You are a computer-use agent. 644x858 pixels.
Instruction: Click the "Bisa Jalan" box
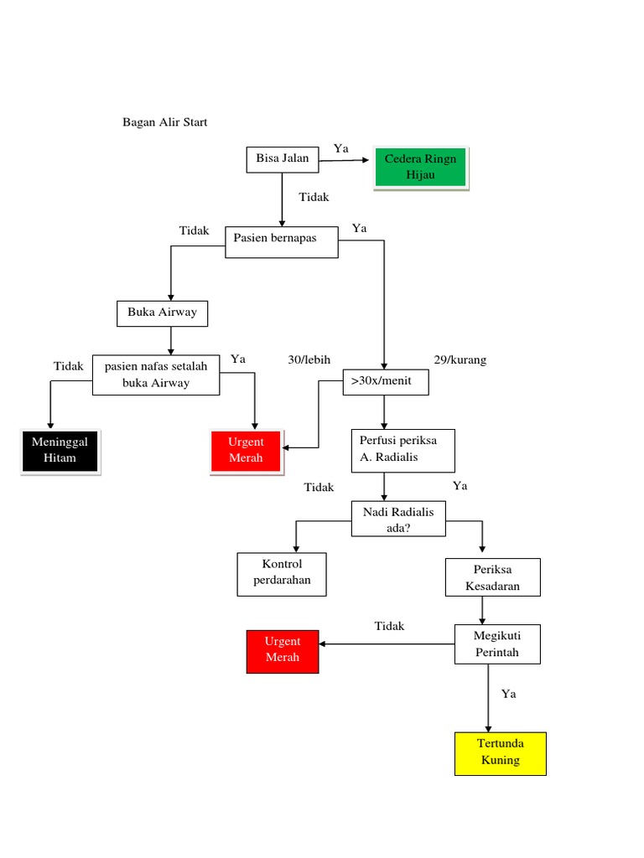(x=282, y=159)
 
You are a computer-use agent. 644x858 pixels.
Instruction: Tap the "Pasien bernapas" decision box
(x=282, y=241)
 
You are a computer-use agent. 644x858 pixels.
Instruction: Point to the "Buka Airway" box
(x=162, y=313)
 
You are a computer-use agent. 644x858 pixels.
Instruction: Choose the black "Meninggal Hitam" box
(x=60, y=451)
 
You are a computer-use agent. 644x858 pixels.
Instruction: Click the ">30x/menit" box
(x=385, y=382)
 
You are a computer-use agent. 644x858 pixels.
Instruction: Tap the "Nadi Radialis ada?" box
(x=398, y=519)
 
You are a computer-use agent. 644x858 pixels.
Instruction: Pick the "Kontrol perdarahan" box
(x=282, y=573)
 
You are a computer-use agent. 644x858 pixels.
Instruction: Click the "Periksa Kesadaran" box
(x=492, y=578)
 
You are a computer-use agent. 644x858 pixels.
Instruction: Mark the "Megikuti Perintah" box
(x=497, y=644)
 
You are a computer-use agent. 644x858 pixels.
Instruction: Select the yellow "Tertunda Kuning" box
(x=500, y=752)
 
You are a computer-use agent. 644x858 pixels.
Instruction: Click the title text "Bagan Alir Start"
(x=164, y=122)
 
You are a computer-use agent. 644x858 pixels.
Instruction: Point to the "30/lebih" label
(x=309, y=360)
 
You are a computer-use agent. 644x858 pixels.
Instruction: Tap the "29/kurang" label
(x=460, y=360)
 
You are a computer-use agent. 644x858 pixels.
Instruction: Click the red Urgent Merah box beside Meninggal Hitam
(x=246, y=451)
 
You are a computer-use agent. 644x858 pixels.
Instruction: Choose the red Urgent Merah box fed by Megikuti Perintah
(x=283, y=650)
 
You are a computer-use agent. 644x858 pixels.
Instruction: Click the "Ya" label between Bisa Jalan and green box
(x=340, y=149)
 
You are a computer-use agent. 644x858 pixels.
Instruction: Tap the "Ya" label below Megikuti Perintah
(x=508, y=694)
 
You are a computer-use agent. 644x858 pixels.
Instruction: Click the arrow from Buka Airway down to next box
(x=171, y=339)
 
